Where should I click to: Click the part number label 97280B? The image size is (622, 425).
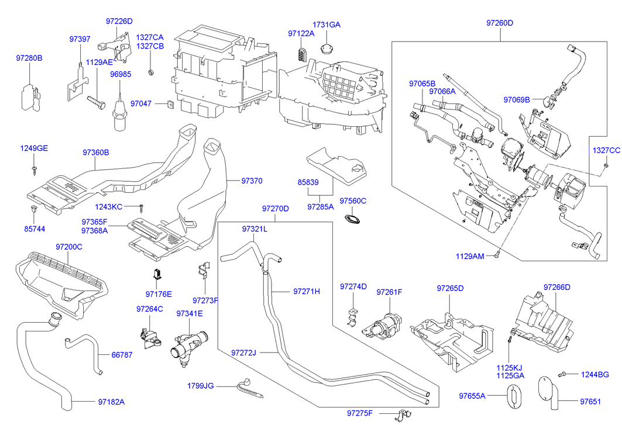pos(29,58)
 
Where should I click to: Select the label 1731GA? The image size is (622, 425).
pos(326,25)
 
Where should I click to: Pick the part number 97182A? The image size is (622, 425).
pos(111,402)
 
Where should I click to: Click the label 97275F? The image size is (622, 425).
pos(359,413)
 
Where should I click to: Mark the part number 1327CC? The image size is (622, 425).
pos(606,150)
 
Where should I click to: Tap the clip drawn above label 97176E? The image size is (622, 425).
pos(157,273)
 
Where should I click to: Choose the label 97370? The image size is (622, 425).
pos(252,181)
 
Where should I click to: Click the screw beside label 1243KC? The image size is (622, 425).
pos(142,207)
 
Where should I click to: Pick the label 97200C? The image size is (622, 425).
pos(69,247)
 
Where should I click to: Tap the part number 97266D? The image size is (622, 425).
pos(556,287)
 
